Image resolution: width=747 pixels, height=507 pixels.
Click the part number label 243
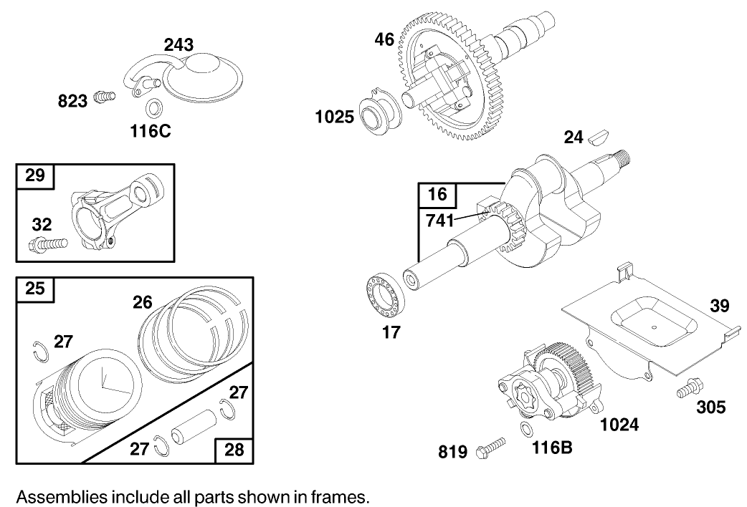point(179,45)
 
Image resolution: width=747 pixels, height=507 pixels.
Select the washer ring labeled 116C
point(152,109)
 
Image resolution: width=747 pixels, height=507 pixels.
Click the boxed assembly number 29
point(35,175)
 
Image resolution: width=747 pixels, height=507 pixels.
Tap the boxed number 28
point(234,449)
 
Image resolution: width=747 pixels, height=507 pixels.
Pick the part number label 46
point(384,39)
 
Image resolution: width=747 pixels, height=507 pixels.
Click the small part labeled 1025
point(379,115)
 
